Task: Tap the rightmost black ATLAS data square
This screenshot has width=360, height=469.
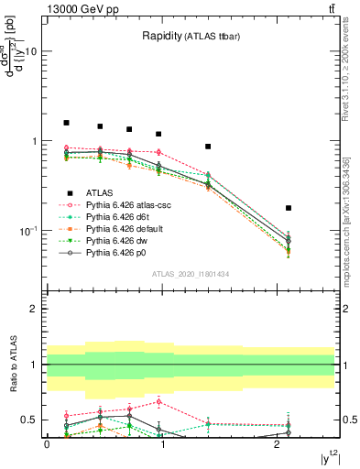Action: pos(289,209)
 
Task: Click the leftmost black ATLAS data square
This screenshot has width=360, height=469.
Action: pos(66,123)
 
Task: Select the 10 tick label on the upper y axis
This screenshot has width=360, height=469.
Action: pos(30,52)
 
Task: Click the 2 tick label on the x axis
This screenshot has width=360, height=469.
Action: pos(277,443)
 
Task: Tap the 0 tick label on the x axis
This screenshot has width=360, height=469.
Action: pos(47,443)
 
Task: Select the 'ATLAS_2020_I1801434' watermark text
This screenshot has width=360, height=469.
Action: pos(191,274)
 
